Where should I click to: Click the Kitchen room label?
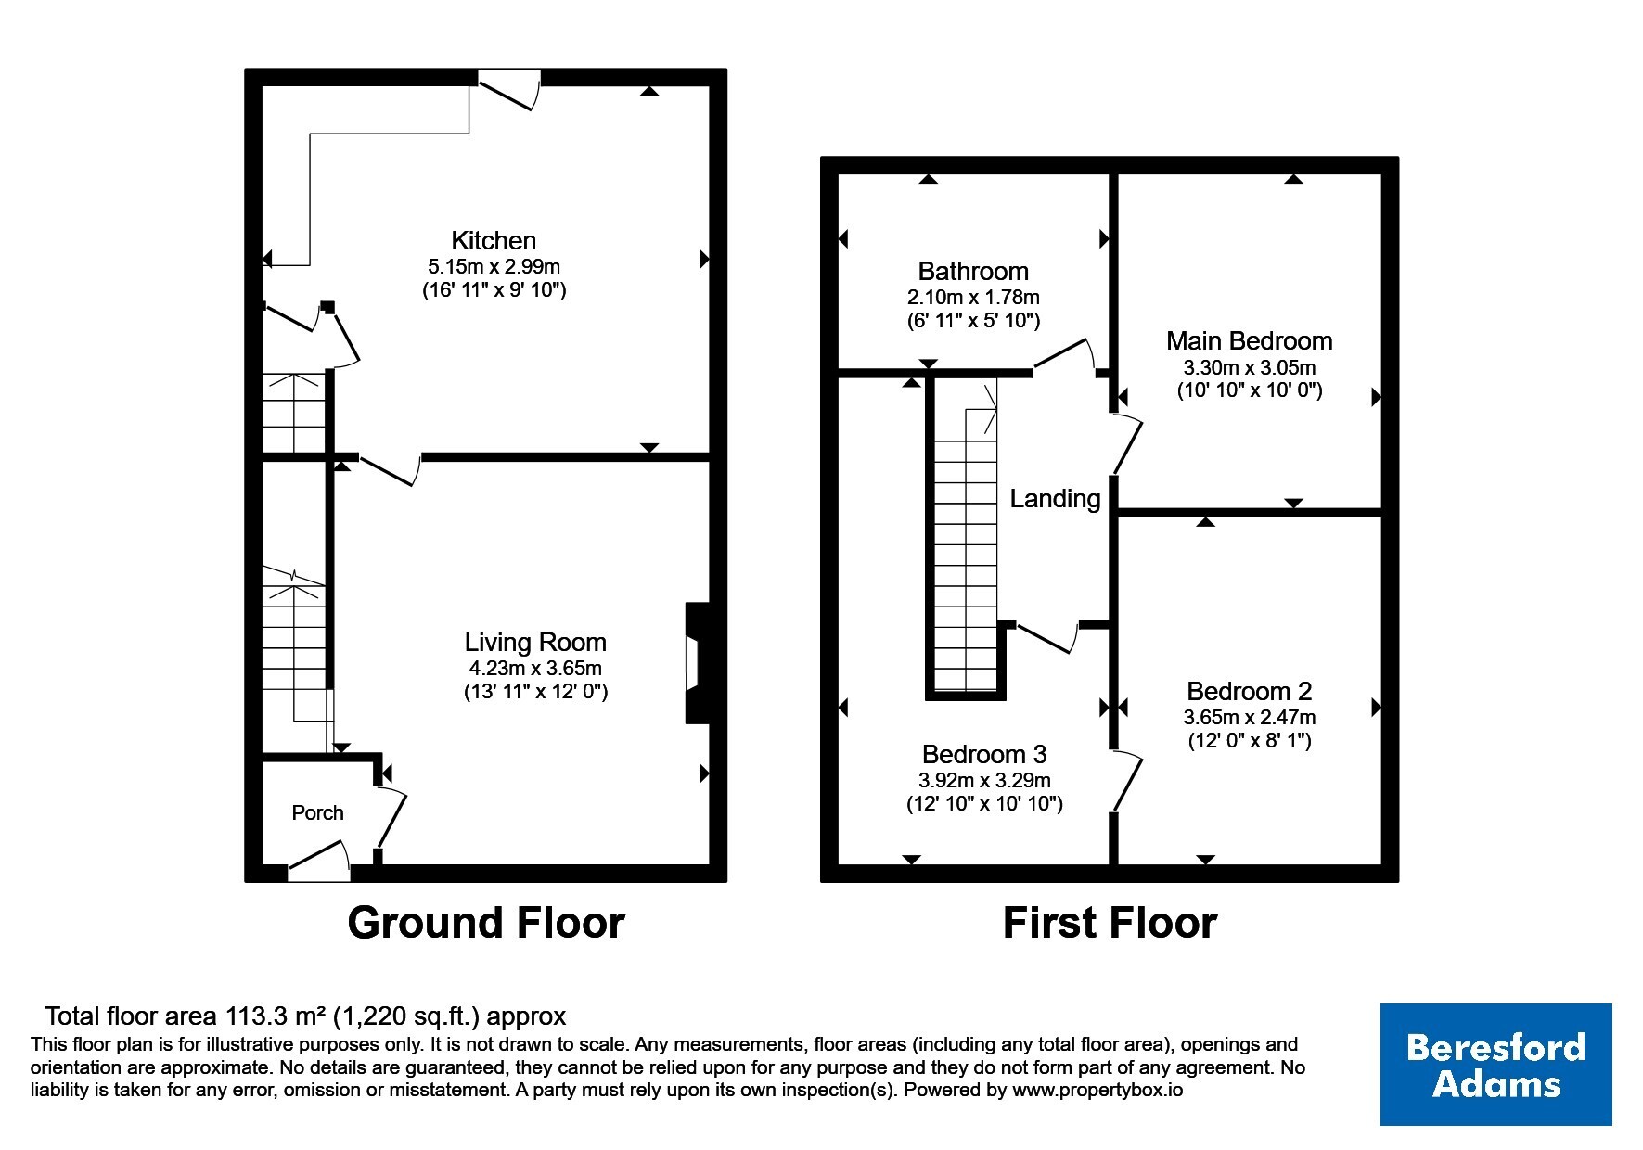[494, 241]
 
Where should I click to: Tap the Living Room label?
[535, 642]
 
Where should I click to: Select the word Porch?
[317, 813]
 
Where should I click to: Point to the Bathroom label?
[973, 272]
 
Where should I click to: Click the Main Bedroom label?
[1250, 341]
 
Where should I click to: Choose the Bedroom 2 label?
[1250, 692]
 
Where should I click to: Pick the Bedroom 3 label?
[984, 755]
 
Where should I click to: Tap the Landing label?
[1055, 499]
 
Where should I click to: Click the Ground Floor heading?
[486, 923]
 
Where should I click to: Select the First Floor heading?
[1110, 923]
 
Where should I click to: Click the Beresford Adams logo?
[1496, 1065]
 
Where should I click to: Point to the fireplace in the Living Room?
[696, 663]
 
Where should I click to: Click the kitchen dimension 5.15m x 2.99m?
[489, 267]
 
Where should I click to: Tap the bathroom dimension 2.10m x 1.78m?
[973, 298]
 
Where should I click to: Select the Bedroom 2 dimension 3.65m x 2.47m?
[1250, 717]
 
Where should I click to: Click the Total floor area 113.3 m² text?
[305, 1016]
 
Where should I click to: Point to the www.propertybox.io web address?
[1097, 1091]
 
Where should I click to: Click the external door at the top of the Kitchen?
[508, 90]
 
